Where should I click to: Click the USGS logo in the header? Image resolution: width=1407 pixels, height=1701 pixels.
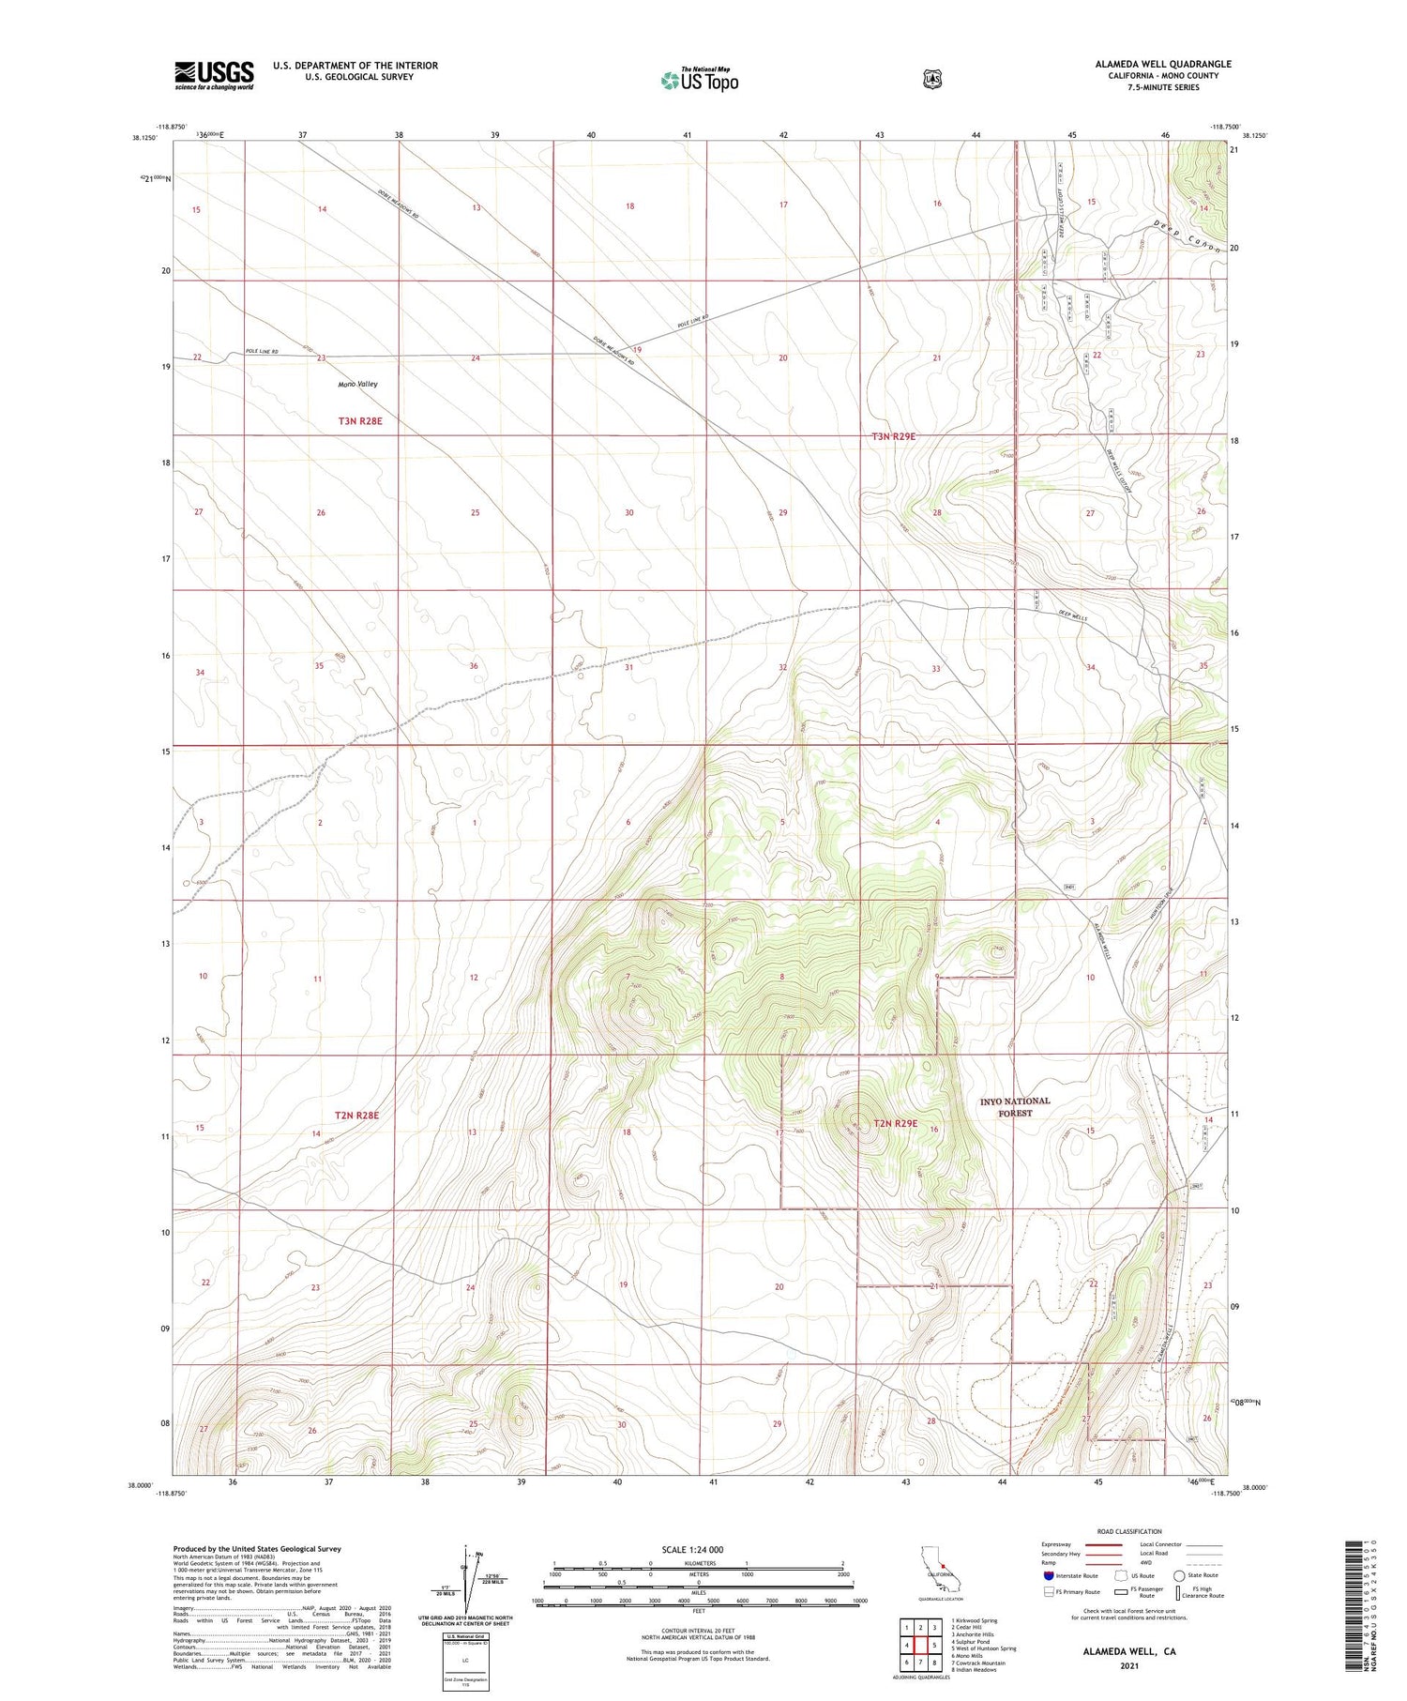point(214,75)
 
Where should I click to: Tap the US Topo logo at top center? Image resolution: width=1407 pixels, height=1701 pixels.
point(699,80)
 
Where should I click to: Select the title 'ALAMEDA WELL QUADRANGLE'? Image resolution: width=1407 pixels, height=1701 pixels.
point(1163,64)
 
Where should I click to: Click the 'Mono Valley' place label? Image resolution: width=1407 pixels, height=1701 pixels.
point(358,385)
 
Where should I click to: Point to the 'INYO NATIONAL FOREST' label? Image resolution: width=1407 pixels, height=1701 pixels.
point(1015,1107)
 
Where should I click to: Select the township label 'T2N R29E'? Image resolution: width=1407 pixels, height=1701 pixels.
point(895,1123)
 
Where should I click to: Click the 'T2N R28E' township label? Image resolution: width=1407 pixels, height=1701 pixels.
point(356,1115)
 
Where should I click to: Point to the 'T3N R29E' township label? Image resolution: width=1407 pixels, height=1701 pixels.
point(893,436)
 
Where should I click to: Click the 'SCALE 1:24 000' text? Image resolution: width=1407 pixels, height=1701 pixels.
point(692,1549)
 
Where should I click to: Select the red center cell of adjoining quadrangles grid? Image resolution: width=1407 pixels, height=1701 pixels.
point(921,1645)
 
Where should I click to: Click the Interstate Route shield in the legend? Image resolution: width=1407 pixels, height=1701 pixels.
point(1049,1575)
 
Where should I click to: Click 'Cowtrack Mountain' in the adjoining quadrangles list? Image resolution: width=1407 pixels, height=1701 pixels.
point(979,1663)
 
